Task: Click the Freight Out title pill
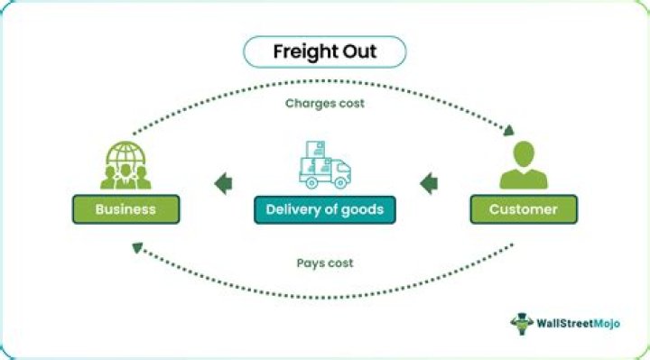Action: pos(325,51)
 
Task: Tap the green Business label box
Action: pos(126,209)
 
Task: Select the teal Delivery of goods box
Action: pos(325,209)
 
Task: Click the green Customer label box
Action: pos(524,209)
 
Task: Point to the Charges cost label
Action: pos(325,103)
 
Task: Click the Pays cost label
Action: pos(325,263)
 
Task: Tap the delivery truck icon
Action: pos(325,165)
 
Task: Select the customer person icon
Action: pos(524,165)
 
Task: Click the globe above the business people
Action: pos(125,154)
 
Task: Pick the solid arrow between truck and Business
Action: pos(224,183)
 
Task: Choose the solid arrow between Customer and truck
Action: pos(429,183)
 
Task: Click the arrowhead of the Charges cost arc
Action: pos(509,130)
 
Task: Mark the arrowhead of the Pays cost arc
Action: pos(137,248)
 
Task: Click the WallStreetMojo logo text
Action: pos(579,323)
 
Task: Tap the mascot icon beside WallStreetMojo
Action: pos(522,324)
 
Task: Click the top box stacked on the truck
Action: pos(315,150)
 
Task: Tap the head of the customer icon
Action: pos(524,153)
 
